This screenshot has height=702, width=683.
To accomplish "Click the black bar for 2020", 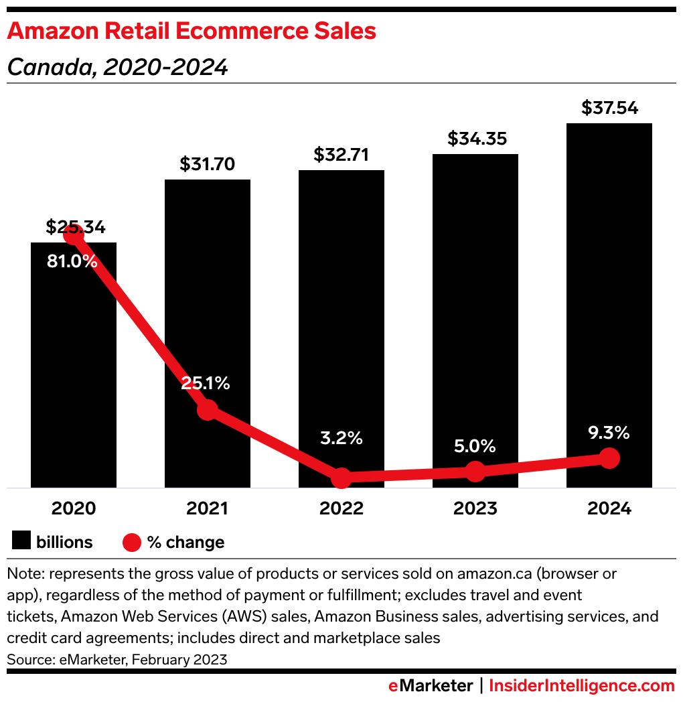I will [74, 375].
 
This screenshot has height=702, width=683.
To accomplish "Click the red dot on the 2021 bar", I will [208, 409].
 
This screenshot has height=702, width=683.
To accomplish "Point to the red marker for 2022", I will [341, 478].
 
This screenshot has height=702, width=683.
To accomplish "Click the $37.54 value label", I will [609, 108].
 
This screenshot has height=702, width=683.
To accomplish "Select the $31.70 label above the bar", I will [208, 164].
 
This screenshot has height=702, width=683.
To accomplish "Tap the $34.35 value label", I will [475, 139].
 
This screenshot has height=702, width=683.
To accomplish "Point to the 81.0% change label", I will [72, 262].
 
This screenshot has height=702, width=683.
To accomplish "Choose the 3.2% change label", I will [341, 439].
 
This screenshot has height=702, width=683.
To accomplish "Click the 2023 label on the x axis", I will [475, 508].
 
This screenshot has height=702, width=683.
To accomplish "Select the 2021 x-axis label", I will [208, 508].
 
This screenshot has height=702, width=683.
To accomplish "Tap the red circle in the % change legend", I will [132, 542].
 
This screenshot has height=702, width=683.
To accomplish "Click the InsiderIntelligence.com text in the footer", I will [581, 686].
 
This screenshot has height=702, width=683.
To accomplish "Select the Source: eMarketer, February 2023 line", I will [117, 659].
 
